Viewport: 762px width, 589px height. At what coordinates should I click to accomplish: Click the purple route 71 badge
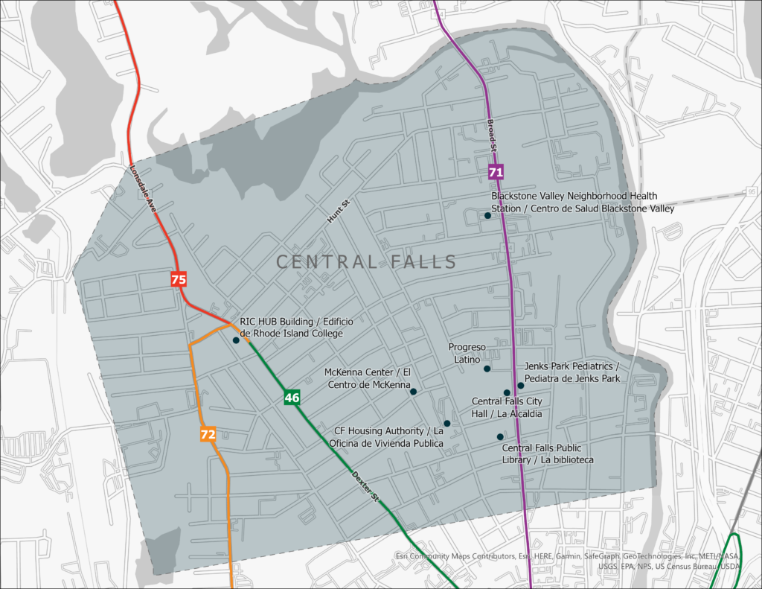tap(496, 172)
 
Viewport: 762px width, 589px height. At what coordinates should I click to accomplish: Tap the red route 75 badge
tap(179, 280)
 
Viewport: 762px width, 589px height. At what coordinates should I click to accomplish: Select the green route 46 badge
tap(292, 398)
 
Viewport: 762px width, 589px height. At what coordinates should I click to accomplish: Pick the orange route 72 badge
tap(208, 433)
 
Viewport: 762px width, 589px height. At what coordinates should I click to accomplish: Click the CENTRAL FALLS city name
tap(366, 262)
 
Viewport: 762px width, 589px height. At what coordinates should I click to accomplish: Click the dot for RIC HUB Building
tap(236, 340)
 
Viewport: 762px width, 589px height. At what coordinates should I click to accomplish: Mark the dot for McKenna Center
tap(413, 391)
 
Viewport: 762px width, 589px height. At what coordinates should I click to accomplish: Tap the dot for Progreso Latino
tap(487, 369)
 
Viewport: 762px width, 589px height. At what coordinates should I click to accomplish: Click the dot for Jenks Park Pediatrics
tap(521, 385)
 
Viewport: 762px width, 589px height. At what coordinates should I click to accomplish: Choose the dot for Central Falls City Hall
tap(507, 392)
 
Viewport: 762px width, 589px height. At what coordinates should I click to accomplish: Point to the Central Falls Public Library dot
tap(500, 436)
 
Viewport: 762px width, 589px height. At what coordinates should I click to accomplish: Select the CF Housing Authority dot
tap(446, 423)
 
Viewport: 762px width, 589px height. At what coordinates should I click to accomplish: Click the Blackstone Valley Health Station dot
tap(487, 215)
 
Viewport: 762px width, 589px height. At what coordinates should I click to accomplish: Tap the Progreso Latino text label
tap(467, 353)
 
